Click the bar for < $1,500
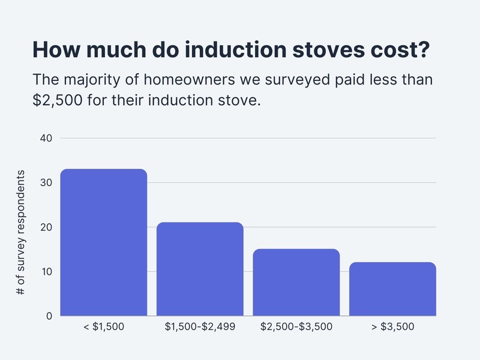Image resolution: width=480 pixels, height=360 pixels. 104,242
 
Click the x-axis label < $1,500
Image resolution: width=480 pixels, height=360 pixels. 104,327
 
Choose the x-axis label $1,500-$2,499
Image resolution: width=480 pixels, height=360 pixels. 200,327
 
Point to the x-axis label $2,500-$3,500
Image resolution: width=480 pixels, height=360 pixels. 296,327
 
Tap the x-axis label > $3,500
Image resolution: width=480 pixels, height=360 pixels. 392,327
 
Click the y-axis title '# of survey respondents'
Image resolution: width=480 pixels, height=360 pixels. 20,232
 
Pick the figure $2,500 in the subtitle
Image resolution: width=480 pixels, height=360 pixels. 57,100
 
